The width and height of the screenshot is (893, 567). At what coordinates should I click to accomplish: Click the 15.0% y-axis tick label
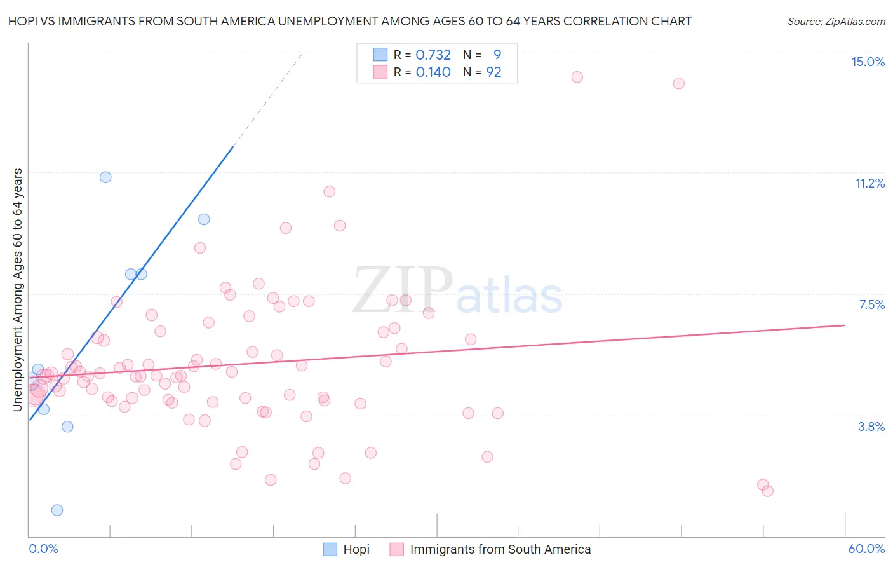pos(868,62)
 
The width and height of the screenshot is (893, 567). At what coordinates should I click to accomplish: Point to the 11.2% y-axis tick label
pos(869,183)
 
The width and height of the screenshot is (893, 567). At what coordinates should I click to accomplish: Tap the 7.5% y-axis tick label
pos(871,304)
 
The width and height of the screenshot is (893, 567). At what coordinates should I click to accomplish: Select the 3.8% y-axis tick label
pos(871,427)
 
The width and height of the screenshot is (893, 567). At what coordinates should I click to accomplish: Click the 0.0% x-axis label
pos(43,549)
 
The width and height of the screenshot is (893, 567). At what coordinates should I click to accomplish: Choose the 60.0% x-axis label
pos(866,549)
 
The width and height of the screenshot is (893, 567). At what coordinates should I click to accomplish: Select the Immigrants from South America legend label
pos(500,549)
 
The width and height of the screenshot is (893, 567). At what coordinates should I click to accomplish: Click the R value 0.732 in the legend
pos(433,55)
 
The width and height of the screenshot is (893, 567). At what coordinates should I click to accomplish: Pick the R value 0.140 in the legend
pos(433,72)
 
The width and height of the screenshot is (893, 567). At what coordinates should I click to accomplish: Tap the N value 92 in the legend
pos(493,72)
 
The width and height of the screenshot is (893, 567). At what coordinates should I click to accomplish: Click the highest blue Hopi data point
pos(105,177)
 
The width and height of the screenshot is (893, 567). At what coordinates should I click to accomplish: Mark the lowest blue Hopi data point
pos(57,510)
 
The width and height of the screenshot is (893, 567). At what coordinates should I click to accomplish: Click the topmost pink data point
pos(577,77)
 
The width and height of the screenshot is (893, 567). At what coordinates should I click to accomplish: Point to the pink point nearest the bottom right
pos(767,491)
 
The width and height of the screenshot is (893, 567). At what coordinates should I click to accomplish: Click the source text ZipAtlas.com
pos(836,22)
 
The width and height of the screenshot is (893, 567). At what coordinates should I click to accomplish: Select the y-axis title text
pos(18,289)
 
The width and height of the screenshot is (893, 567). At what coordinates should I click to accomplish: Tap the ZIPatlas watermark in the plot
pos(457,291)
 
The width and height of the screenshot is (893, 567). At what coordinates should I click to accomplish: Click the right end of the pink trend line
pos(845,325)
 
